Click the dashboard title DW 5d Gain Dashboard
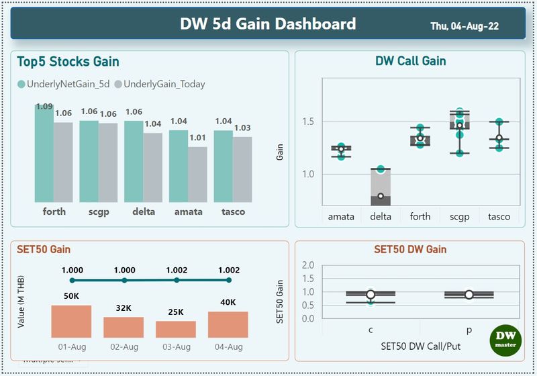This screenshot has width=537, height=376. (268, 24)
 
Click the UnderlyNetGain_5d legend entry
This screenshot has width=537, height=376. (66, 84)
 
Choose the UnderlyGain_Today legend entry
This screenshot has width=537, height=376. (160, 84)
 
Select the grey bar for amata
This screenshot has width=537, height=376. (197, 175)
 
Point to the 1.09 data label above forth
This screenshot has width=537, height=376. (44, 106)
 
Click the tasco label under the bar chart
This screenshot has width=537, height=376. (233, 211)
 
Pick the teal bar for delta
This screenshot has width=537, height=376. (134, 161)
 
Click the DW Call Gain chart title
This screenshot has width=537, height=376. (409, 61)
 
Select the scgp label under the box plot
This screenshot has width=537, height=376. (459, 216)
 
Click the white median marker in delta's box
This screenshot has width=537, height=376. (381, 196)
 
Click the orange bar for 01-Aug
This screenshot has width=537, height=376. (71, 321)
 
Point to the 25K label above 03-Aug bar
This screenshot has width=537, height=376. (176, 312)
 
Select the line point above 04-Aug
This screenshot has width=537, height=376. (228, 280)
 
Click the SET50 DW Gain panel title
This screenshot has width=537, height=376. (409, 249)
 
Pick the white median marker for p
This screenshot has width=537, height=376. (469, 295)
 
